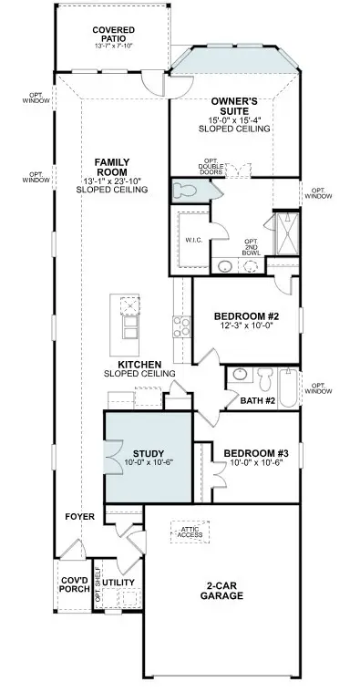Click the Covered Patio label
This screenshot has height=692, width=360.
[x=114, y=36]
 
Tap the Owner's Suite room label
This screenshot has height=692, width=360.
[x=234, y=107]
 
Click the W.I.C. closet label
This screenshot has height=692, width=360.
[x=193, y=241]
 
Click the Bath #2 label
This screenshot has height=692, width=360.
[x=258, y=399]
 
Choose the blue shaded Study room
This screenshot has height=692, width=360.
[x=148, y=456]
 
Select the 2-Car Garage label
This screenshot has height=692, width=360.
[x=222, y=590]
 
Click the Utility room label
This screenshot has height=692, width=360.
[x=118, y=581]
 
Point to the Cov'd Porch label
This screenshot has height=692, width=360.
[x=75, y=584]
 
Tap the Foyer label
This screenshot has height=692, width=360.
[x=80, y=517]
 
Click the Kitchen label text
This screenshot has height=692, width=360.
[x=139, y=364]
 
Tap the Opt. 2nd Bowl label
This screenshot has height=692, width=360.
[x=252, y=247]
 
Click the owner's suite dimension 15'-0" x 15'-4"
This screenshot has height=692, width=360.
[x=234, y=118]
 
